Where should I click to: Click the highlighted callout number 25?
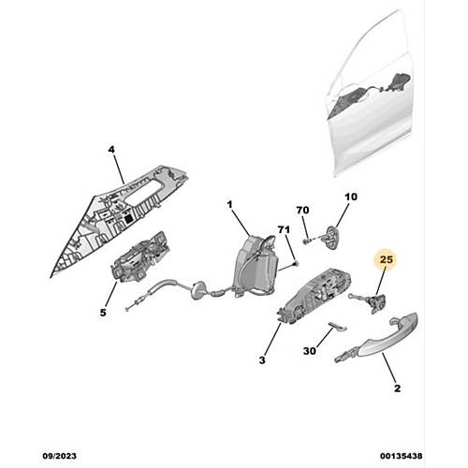(x=387, y=259)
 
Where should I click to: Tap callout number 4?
(x=111, y=150)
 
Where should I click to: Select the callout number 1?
(x=229, y=205)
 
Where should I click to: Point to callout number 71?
(x=284, y=229)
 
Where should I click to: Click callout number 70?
(x=302, y=211)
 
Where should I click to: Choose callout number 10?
(x=351, y=197)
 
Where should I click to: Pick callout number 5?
(x=103, y=312)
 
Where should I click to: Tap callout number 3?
(x=262, y=359)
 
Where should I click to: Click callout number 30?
(x=310, y=351)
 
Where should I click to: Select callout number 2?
(x=397, y=388)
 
